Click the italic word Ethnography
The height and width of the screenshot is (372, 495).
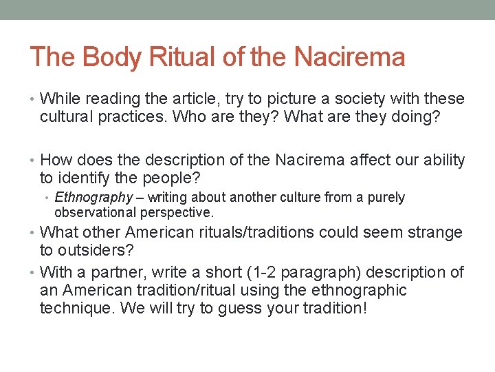coord(93,198)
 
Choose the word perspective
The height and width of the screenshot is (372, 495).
coord(179,212)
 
